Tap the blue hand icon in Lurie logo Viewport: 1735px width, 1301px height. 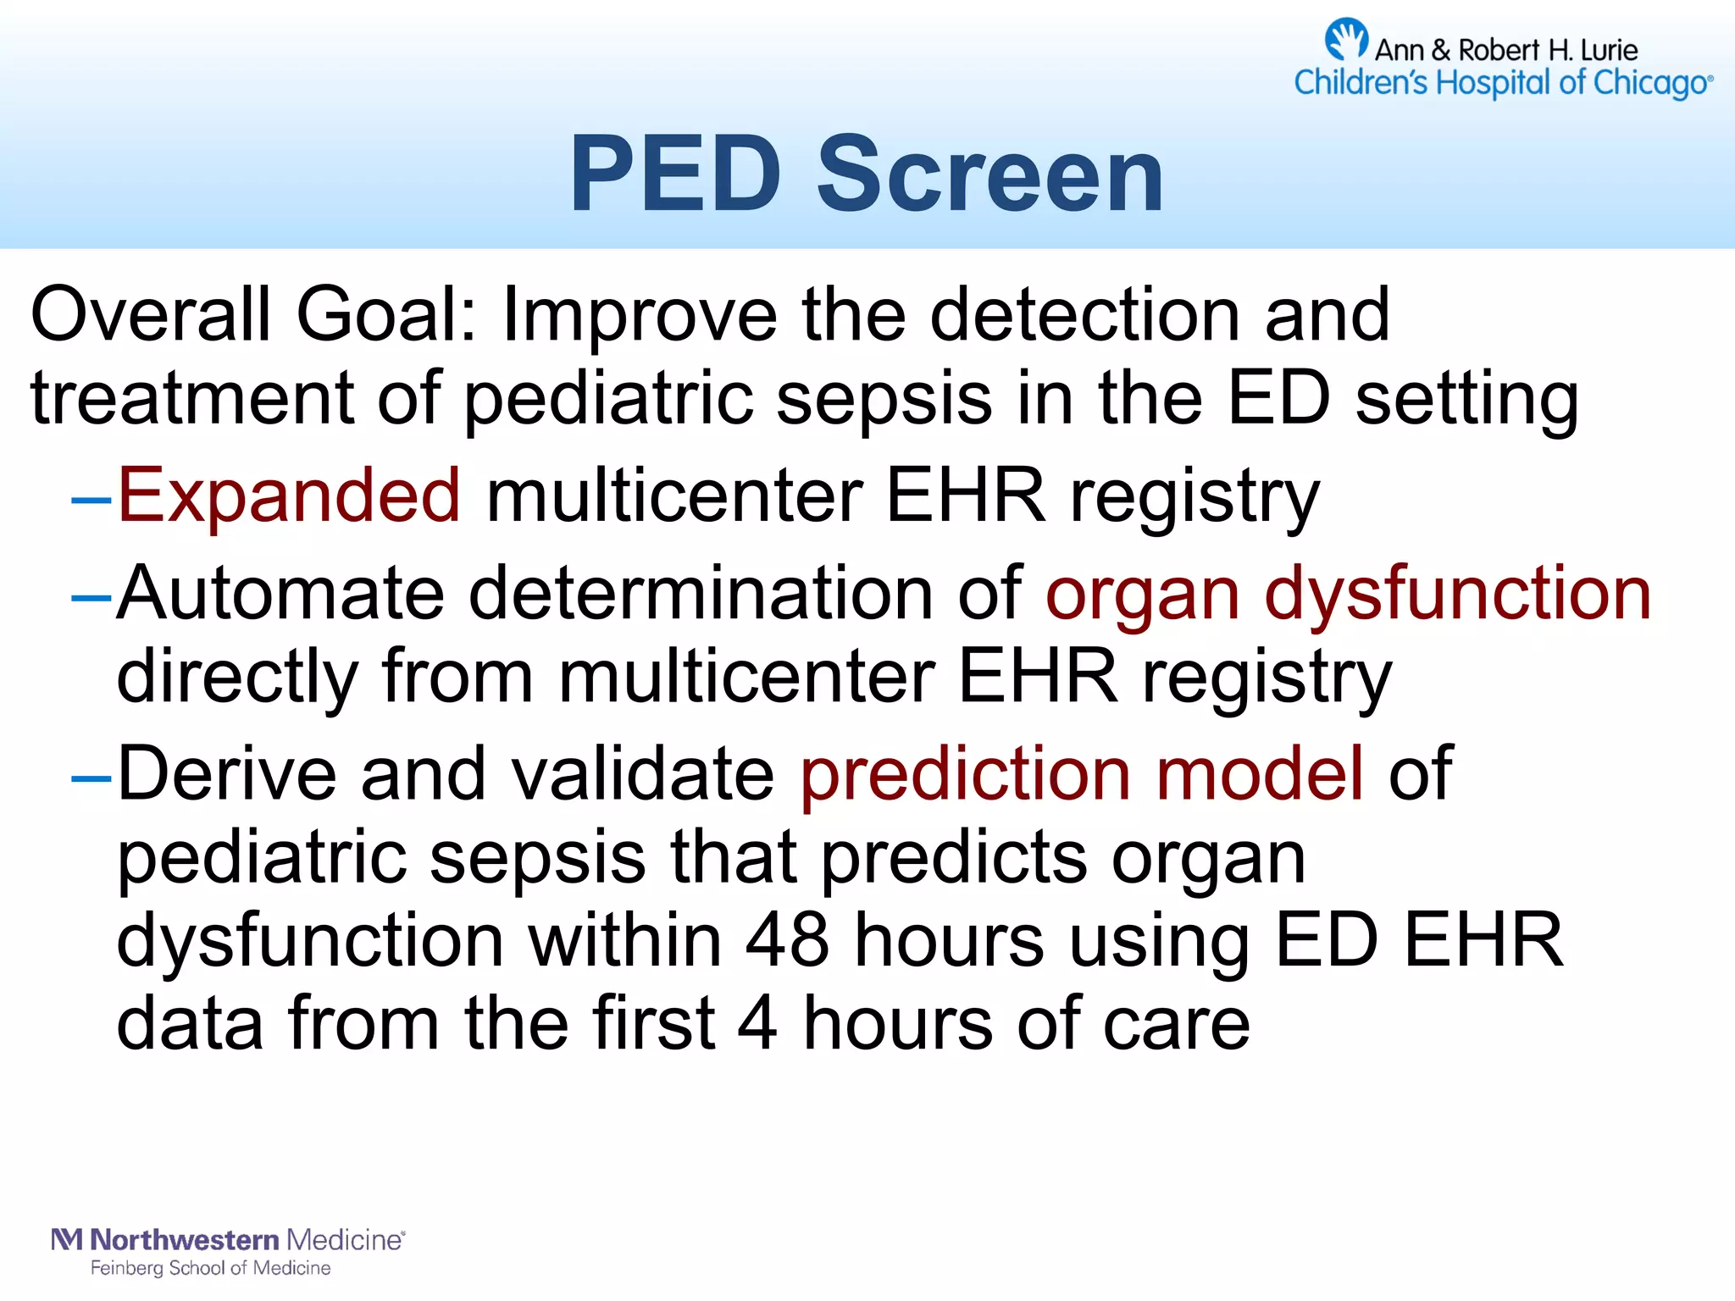pos(1345,39)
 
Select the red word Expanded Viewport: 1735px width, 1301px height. pos(289,495)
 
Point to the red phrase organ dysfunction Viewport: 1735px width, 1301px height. pos(1348,594)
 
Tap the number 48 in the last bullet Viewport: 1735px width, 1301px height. pos(787,940)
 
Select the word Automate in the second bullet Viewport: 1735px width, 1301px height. pos(280,594)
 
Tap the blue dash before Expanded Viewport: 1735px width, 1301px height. pos(91,500)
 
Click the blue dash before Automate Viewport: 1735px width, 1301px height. pos(91,597)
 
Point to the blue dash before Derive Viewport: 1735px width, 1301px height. pos(91,777)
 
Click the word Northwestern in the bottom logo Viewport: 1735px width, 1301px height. pos(184,1240)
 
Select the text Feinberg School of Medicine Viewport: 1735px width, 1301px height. pos(210,1268)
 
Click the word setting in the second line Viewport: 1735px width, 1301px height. pos(1466,398)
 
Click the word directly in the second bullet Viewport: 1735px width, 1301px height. pos(237,677)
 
